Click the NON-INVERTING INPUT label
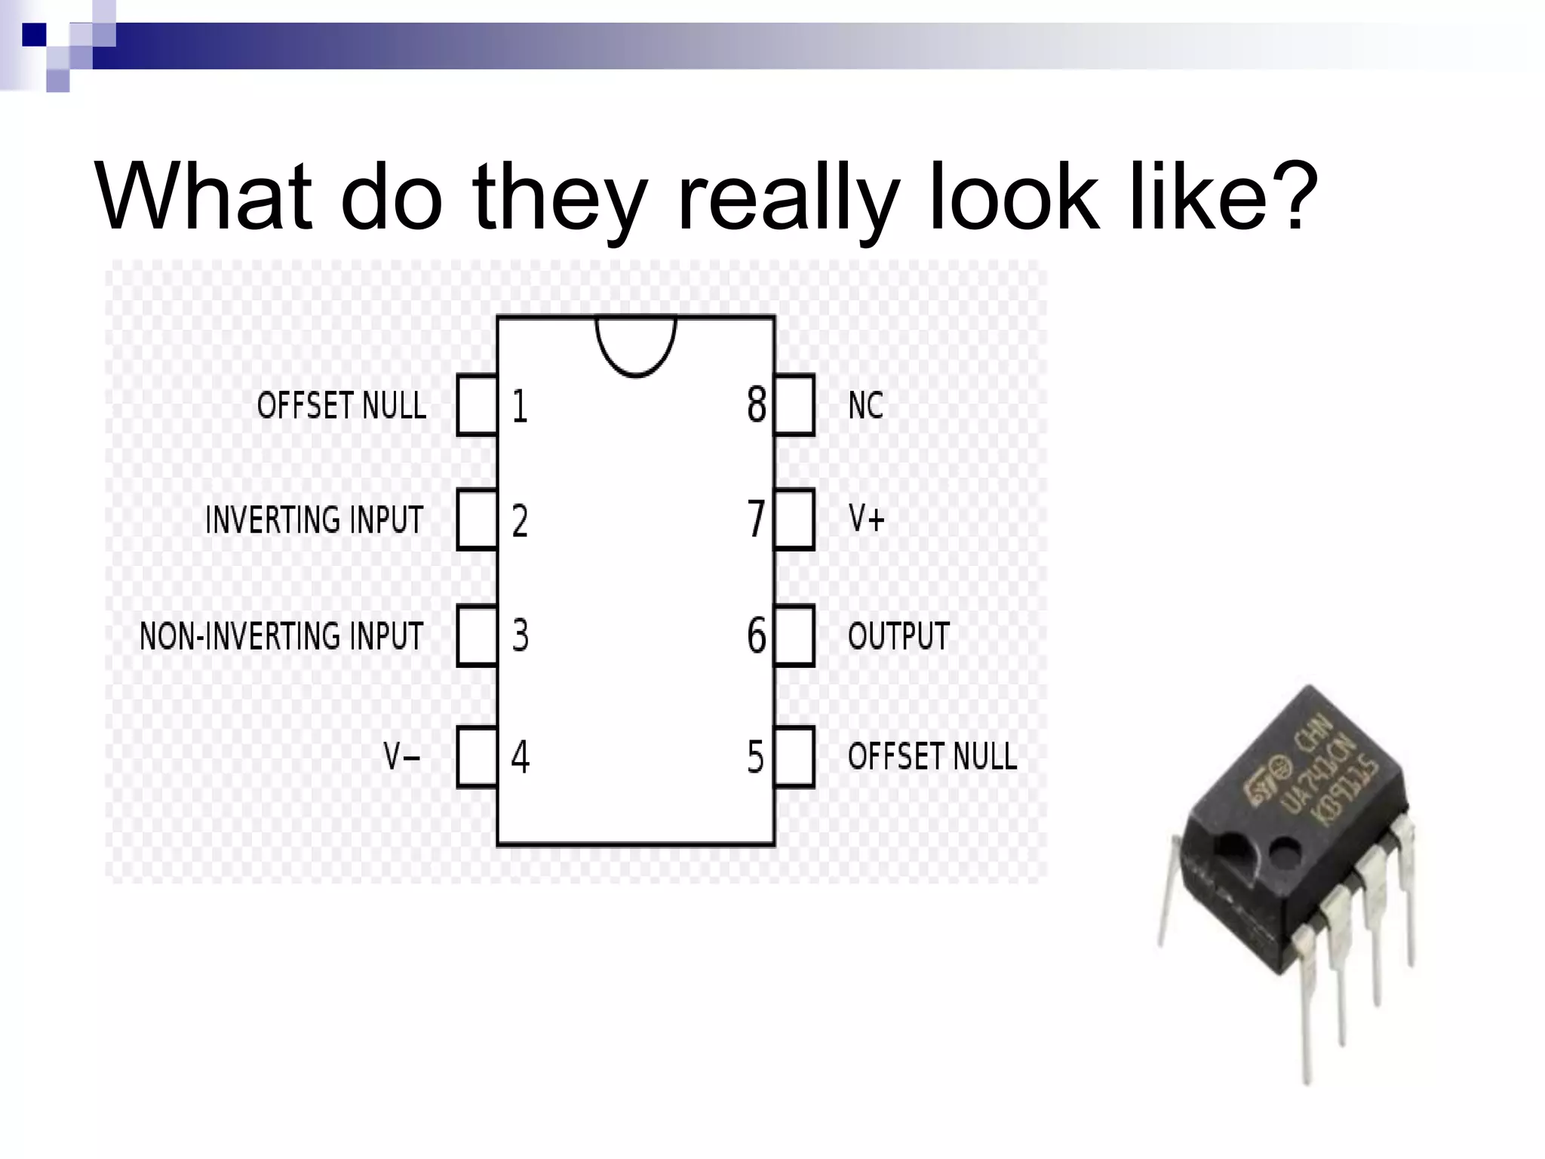[x=281, y=636]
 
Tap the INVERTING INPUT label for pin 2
[x=314, y=520]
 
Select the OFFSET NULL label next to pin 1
[x=341, y=405]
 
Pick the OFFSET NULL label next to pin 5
[x=932, y=756]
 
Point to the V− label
[x=401, y=756]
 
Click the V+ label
[x=866, y=519]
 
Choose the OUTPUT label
[x=898, y=636]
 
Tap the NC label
[x=865, y=405]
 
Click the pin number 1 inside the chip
[x=520, y=406]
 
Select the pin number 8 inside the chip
[x=756, y=405]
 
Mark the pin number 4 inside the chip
[x=521, y=757]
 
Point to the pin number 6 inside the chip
[x=756, y=635]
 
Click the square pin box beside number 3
[x=477, y=636]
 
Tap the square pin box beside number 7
[x=794, y=519]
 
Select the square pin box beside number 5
[x=794, y=757]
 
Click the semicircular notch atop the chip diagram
[x=636, y=344]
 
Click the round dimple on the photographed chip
[x=1285, y=852]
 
